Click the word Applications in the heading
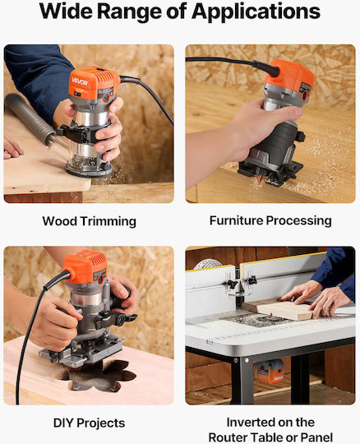click(256, 12)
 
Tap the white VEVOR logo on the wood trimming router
click(80, 81)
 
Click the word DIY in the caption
click(63, 423)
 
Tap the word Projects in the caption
click(101, 423)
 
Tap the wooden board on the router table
click(279, 309)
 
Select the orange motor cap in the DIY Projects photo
click(85, 266)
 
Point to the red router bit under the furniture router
click(260, 179)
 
